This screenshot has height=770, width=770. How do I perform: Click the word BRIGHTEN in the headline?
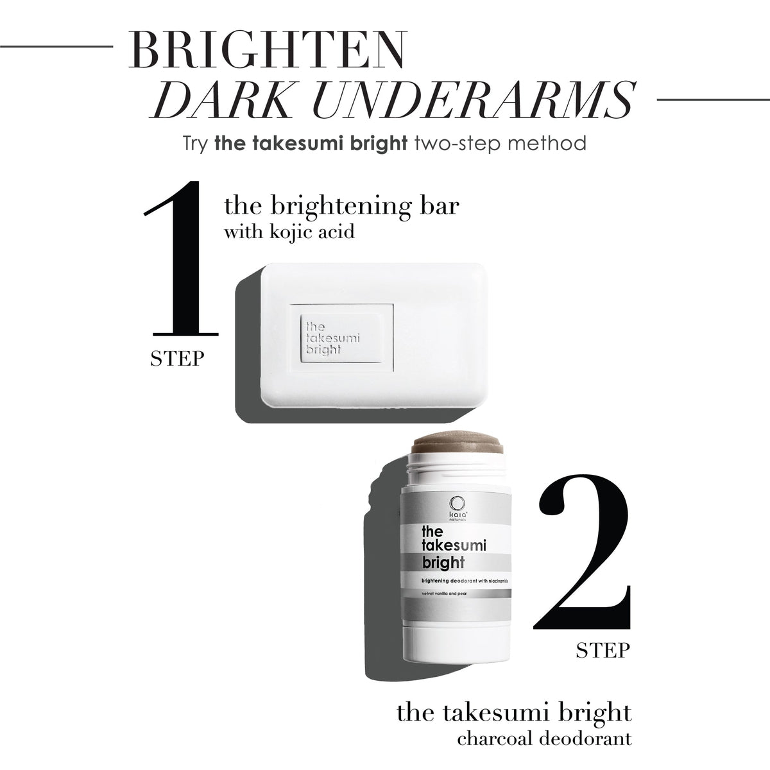(266, 50)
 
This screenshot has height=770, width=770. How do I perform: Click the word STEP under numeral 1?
(177, 359)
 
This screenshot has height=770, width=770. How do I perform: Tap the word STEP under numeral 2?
(603, 650)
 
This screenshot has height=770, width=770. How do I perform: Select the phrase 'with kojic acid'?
(289, 232)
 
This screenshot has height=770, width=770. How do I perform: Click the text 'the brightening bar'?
(341, 206)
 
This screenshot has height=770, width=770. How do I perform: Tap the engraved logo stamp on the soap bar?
(342, 338)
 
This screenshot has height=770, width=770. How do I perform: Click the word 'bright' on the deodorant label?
(443, 563)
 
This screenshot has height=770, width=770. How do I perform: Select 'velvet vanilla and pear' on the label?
(441, 604)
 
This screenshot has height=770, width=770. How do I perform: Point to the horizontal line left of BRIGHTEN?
(56, 47)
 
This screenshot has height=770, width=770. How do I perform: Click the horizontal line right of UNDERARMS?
(714, 99)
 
